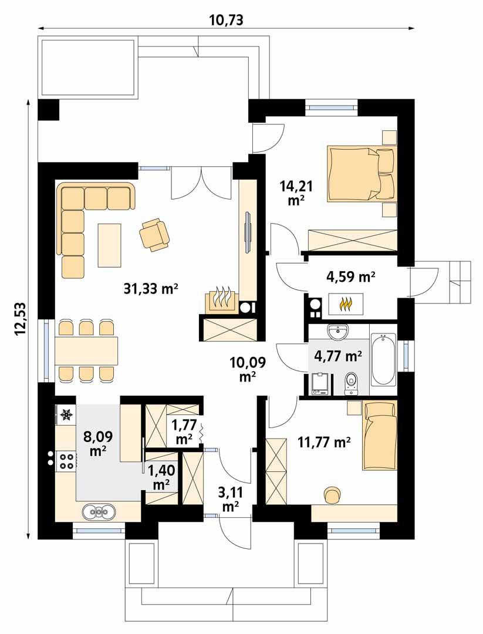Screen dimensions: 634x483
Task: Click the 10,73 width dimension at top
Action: [x=226, y=20]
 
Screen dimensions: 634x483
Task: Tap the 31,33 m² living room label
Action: [x=151, y=288]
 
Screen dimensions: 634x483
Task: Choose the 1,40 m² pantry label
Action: [x=161, y=477]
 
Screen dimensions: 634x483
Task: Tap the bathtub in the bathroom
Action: [x=384, y=359]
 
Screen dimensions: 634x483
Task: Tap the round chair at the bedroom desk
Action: [x=332, y=494]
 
